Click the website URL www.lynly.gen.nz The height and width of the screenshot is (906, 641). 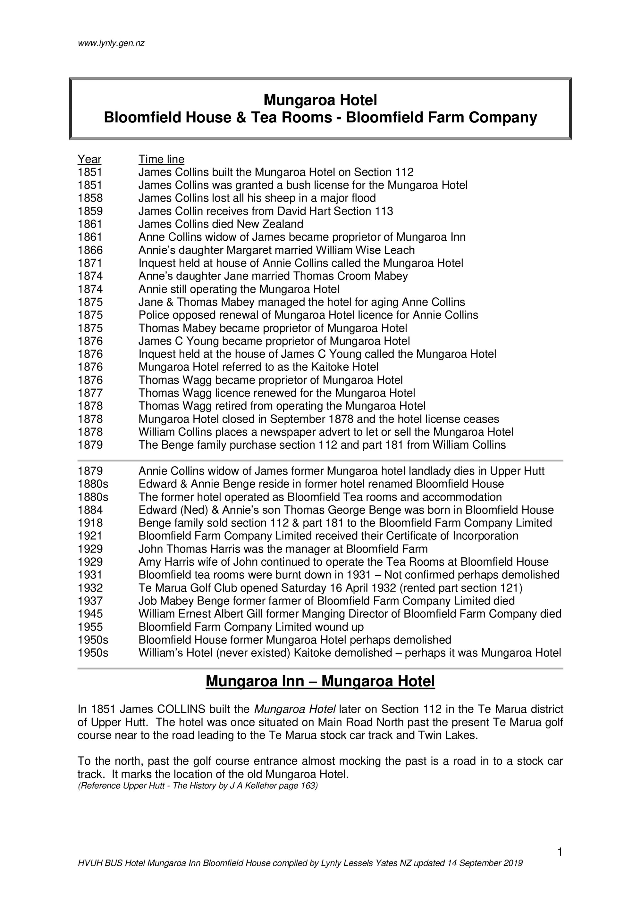coord(111,43)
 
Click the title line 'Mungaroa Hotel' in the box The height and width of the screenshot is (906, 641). coord(320,100)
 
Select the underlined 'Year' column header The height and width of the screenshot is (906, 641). coord(89,159)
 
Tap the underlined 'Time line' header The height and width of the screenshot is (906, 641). coord(161,159)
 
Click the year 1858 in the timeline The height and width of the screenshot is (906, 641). coord(90,198)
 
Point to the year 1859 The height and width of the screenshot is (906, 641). coord(90,211)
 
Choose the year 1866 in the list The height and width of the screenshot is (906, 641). coord(90,250)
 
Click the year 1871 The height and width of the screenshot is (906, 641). coord(90,263)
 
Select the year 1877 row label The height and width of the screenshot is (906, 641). coord(90,393)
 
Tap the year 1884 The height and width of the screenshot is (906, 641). coord(90,510)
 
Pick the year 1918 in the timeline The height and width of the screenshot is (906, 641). coord(90,523)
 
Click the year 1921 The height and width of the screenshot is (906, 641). coord(90,536)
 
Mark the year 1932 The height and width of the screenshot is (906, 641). coord(90,588)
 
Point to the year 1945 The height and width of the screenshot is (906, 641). coord(90,614)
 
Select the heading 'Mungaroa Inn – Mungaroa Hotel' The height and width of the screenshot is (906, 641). coord(320,681)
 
